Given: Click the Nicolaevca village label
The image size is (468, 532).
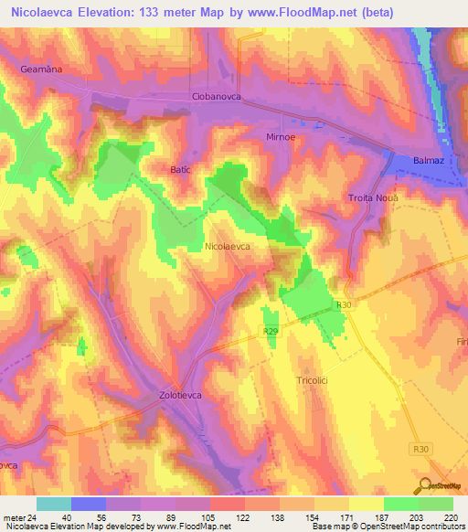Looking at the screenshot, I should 228,247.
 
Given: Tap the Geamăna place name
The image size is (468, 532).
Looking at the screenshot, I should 40,69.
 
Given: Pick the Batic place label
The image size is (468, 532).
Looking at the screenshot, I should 183,169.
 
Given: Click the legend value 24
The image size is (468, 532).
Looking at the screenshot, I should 33,517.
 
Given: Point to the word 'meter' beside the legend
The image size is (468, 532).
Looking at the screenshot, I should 13,517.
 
